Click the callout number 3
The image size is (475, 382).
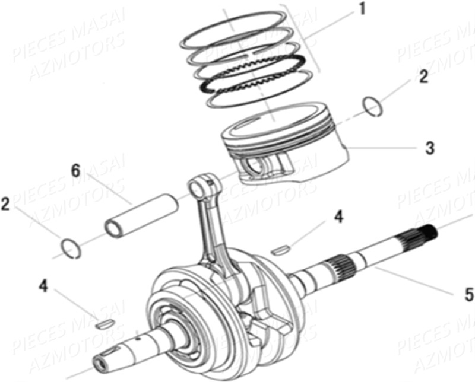pyautogui.click(x=429, y=148)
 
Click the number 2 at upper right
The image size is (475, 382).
pyautogui.click(x=423, y=77)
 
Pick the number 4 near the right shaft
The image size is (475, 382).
pyautogui.click(x=338, y=217)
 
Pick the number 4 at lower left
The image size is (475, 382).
pyautogui.click(x=43, y=286)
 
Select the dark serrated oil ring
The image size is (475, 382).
pyautogui.click(x=255, y=74)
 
